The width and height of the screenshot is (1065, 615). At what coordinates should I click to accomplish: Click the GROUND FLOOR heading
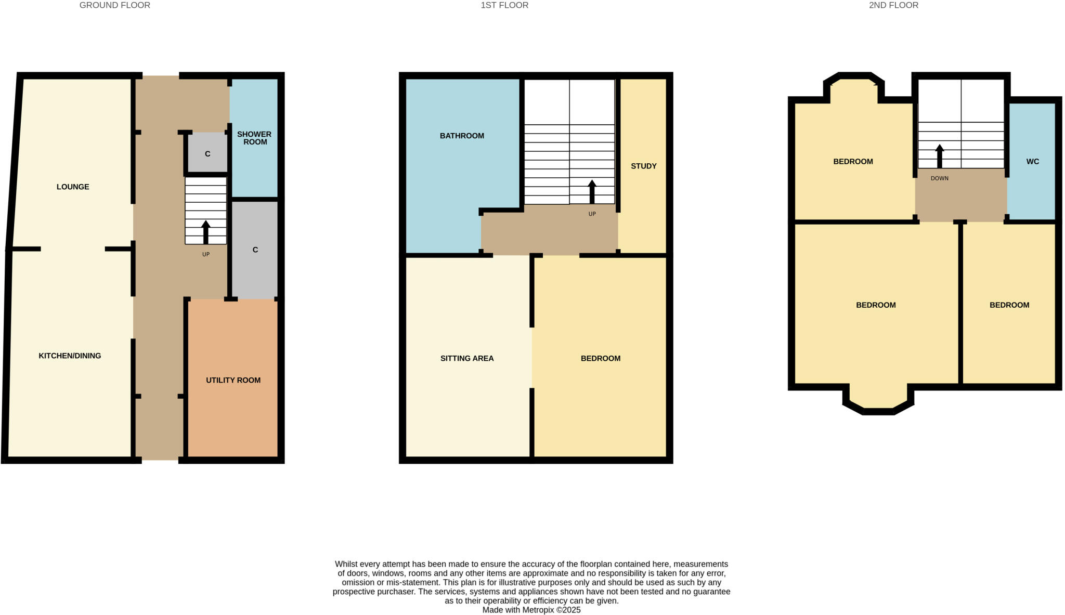(x=114, y=5)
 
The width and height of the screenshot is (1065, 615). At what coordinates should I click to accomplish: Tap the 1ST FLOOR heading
(x=504, y=5)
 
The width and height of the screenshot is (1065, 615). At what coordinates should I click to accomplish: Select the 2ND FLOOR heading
(x=893, y=5)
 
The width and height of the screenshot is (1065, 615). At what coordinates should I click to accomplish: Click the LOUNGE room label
(x=73, y=187)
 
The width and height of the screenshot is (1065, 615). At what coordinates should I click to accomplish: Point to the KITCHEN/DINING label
(x=70, y=356)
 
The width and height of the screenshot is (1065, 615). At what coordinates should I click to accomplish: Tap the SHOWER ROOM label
(x=254, y=138)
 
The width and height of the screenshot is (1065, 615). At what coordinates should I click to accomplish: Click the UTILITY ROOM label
(x=233, y=380)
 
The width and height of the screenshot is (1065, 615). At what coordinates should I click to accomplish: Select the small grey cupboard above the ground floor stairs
(x=207, y=153)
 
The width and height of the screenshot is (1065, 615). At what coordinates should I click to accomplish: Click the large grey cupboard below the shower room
(x=255, y=250)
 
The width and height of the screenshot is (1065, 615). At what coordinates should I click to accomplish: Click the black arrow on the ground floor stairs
(x=206, y=232)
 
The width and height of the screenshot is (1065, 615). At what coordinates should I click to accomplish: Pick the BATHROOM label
(x=462, y=136)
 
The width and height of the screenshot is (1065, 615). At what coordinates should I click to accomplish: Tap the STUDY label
(x=643, y=166)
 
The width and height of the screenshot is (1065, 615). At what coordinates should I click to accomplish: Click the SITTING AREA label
(x=467, y=358)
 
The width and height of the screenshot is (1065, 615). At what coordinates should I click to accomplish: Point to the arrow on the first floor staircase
(x=592, y=191)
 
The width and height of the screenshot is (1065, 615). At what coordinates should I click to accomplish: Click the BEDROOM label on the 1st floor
(x=600, y=358)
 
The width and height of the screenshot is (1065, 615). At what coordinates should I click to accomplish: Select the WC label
(x=1032, y=162)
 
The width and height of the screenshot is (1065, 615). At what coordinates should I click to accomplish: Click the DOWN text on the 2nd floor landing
(x=939, y=178)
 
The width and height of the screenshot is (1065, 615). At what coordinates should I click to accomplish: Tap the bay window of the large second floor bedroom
(x=878, y=400)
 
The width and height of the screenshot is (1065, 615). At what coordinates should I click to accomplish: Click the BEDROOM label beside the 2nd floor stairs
(x=853, y=162)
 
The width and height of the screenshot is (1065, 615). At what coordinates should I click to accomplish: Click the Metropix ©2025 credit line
(x=531, y=610)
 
